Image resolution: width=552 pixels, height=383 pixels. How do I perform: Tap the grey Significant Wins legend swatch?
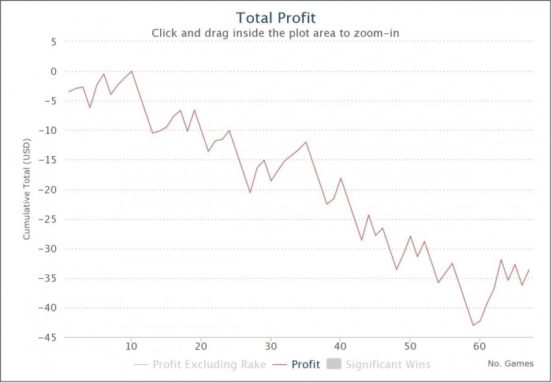[332, 365]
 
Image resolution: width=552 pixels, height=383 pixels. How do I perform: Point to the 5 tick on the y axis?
[53, 42]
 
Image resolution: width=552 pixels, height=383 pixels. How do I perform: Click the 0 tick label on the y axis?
[53, 72]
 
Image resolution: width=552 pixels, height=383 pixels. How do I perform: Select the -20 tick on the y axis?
[48, 190]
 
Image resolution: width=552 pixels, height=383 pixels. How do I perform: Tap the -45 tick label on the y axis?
[48, 338]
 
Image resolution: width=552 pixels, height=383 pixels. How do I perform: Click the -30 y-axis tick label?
[48, 249]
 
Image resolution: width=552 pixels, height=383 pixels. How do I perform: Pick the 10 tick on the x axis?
[131, 346]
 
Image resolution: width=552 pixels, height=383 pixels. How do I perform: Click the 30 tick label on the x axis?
[270, 346]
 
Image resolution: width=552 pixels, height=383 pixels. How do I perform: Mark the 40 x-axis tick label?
[341, 346]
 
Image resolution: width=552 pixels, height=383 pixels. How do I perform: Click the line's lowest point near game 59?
[473, 325]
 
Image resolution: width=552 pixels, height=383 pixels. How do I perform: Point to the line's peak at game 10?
[132, 71]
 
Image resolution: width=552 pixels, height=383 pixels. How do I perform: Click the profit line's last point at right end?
[529, 270]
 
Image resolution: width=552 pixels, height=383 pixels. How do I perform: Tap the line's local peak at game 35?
[306, 142]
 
